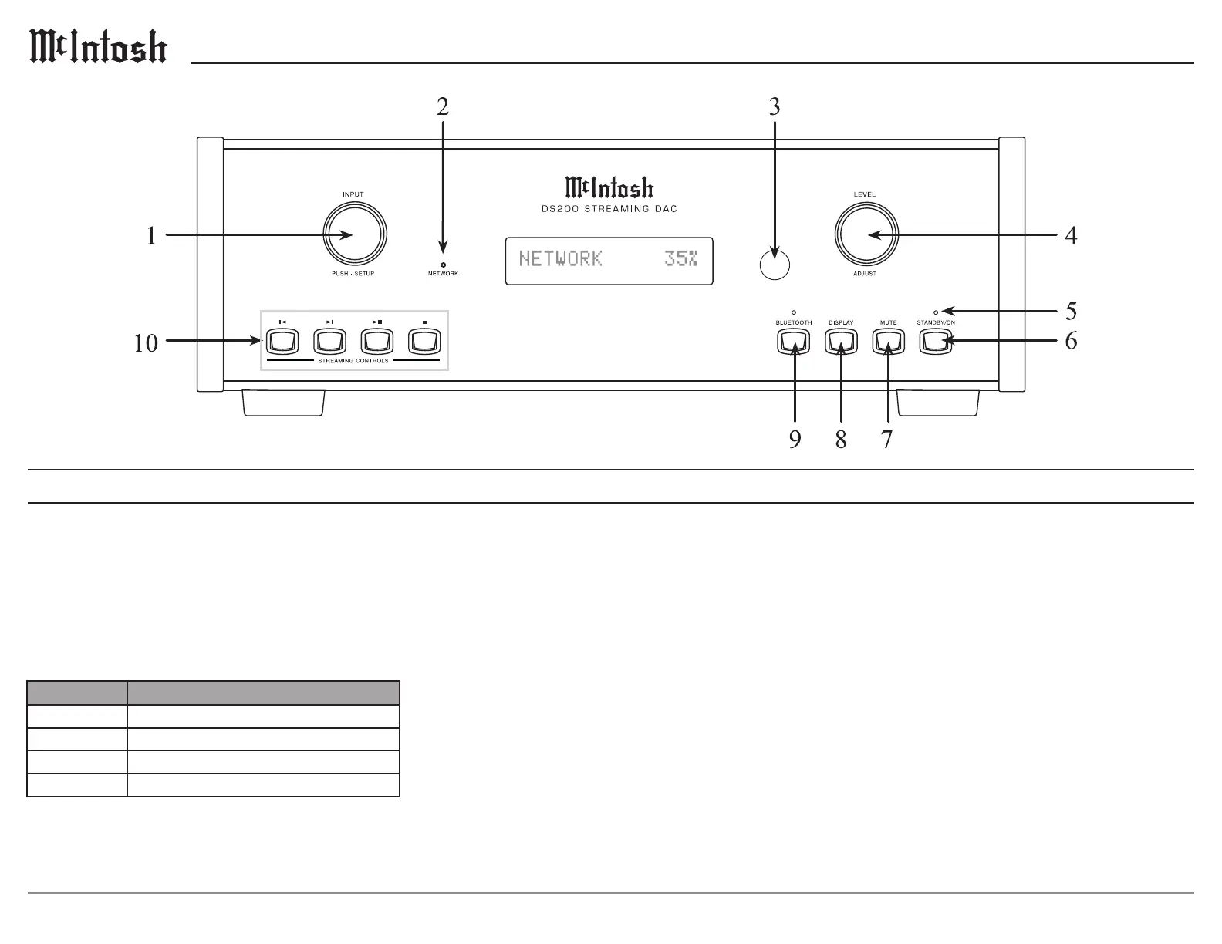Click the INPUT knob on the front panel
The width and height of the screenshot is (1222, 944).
click(x=355, y=234)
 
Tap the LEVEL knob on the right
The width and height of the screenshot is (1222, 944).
click(x=866, y=234)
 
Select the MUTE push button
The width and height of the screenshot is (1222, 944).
click(x=889, y=342)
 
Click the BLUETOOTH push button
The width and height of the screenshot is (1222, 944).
click(x=794, y=342)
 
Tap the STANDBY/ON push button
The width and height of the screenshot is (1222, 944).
click(x=936, y=342)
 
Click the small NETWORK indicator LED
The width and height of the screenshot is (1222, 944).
click(x=443, y=265)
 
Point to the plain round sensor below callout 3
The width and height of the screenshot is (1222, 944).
click(x=775, y=265)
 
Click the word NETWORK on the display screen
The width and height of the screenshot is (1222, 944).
click(x=560, y=258)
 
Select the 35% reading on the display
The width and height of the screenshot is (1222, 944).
click(x=680, y=258)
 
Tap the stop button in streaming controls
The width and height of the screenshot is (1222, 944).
click(x=424, y=342)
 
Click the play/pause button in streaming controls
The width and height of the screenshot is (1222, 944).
click(x=376, y=342)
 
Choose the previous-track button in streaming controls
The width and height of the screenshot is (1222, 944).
click(x=282, y=342)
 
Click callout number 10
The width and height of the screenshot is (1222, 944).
click(x=146, y=343)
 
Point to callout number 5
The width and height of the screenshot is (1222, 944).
click(x=1072, y=311)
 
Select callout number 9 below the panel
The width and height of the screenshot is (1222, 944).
click(x=795, y=439)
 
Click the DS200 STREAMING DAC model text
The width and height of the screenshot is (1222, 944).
click(x=609, y=208)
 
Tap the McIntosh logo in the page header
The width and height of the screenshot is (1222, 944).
click(x=98, y=46)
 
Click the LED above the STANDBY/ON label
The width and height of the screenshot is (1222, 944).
click(x=936, y=312)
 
